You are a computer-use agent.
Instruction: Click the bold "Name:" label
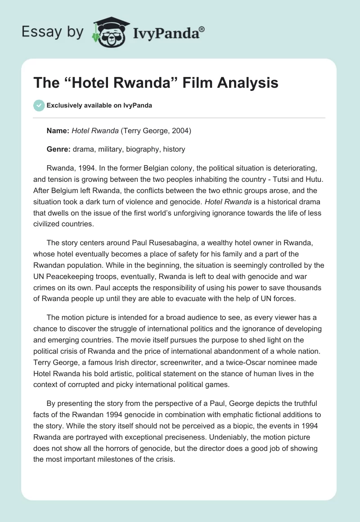tap(58, 131)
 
